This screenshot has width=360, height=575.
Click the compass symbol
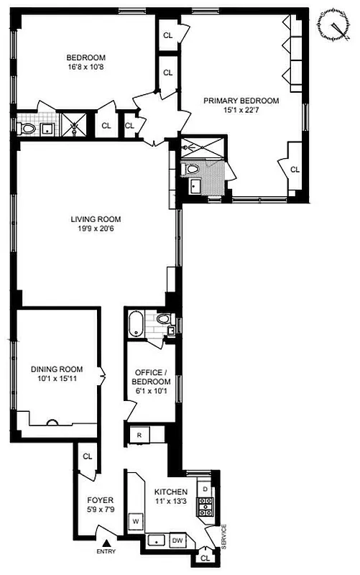pos(333,25)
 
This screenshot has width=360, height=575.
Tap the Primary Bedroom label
pos(241,101)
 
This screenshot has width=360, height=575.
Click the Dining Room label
pos(57,369)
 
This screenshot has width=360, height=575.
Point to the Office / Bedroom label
pos(152,376)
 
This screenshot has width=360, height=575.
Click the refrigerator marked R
pos(137,435)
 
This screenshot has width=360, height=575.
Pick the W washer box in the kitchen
pos(134,518)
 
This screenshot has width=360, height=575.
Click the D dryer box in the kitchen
pos(205,489)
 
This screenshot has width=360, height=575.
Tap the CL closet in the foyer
pos(88,456)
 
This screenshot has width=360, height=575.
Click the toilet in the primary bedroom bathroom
pos(191,170)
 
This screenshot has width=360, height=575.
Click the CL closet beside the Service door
pos(206,557)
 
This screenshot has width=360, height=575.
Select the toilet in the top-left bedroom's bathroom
pos(28,129)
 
